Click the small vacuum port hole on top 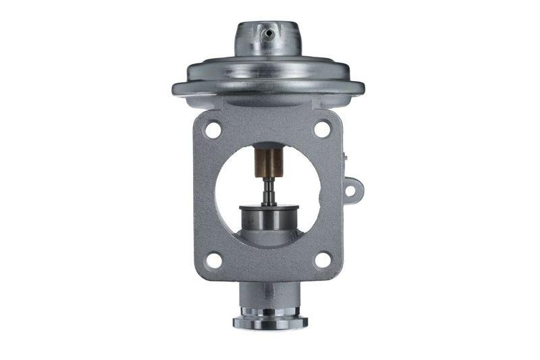click(x=268, y=32)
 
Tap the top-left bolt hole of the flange click(x=213, y=129)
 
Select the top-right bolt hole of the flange click(x=323, y=128)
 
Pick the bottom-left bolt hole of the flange click(x=213, y=259)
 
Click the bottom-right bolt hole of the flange click(x=323, y=259)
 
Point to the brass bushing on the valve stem click(x=268, y=163)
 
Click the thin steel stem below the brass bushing click(x=269, y=190)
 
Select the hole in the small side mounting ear click(x=352, y=190)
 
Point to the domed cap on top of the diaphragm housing click(x=268, y=41)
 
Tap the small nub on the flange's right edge click(x=344, y=157)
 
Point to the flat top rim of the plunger click(x=269, y=207)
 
